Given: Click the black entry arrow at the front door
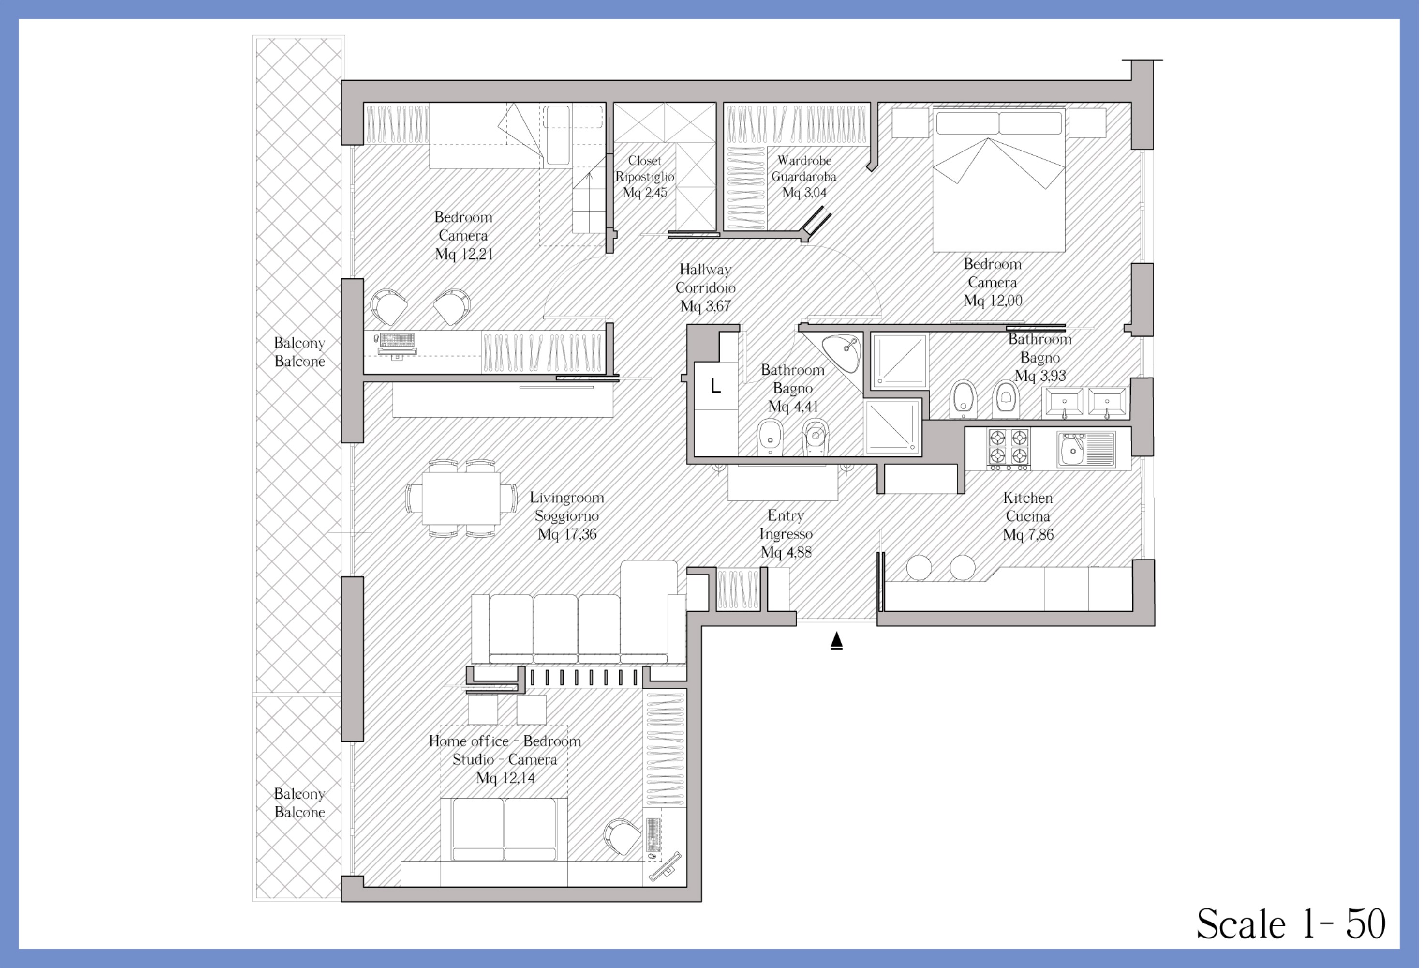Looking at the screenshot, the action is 836,641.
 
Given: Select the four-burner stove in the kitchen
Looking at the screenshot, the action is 1009,449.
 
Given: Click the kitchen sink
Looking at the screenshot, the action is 1086,450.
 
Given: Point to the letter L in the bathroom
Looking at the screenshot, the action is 715,386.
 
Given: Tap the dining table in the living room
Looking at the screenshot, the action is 461,498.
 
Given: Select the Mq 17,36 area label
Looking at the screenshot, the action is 567,534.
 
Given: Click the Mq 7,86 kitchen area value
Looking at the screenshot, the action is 1028,535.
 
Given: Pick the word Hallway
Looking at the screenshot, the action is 705,269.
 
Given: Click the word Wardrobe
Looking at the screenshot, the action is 804,160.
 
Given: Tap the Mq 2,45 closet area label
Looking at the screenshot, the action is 645,193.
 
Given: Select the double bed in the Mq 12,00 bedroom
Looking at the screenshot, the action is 999,179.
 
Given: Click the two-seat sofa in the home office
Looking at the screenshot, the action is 504,830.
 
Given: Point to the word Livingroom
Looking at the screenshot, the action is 567,498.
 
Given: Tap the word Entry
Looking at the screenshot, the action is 786,516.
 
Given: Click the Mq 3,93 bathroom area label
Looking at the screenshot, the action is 1040,376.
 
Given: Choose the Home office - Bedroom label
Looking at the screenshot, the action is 505,741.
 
